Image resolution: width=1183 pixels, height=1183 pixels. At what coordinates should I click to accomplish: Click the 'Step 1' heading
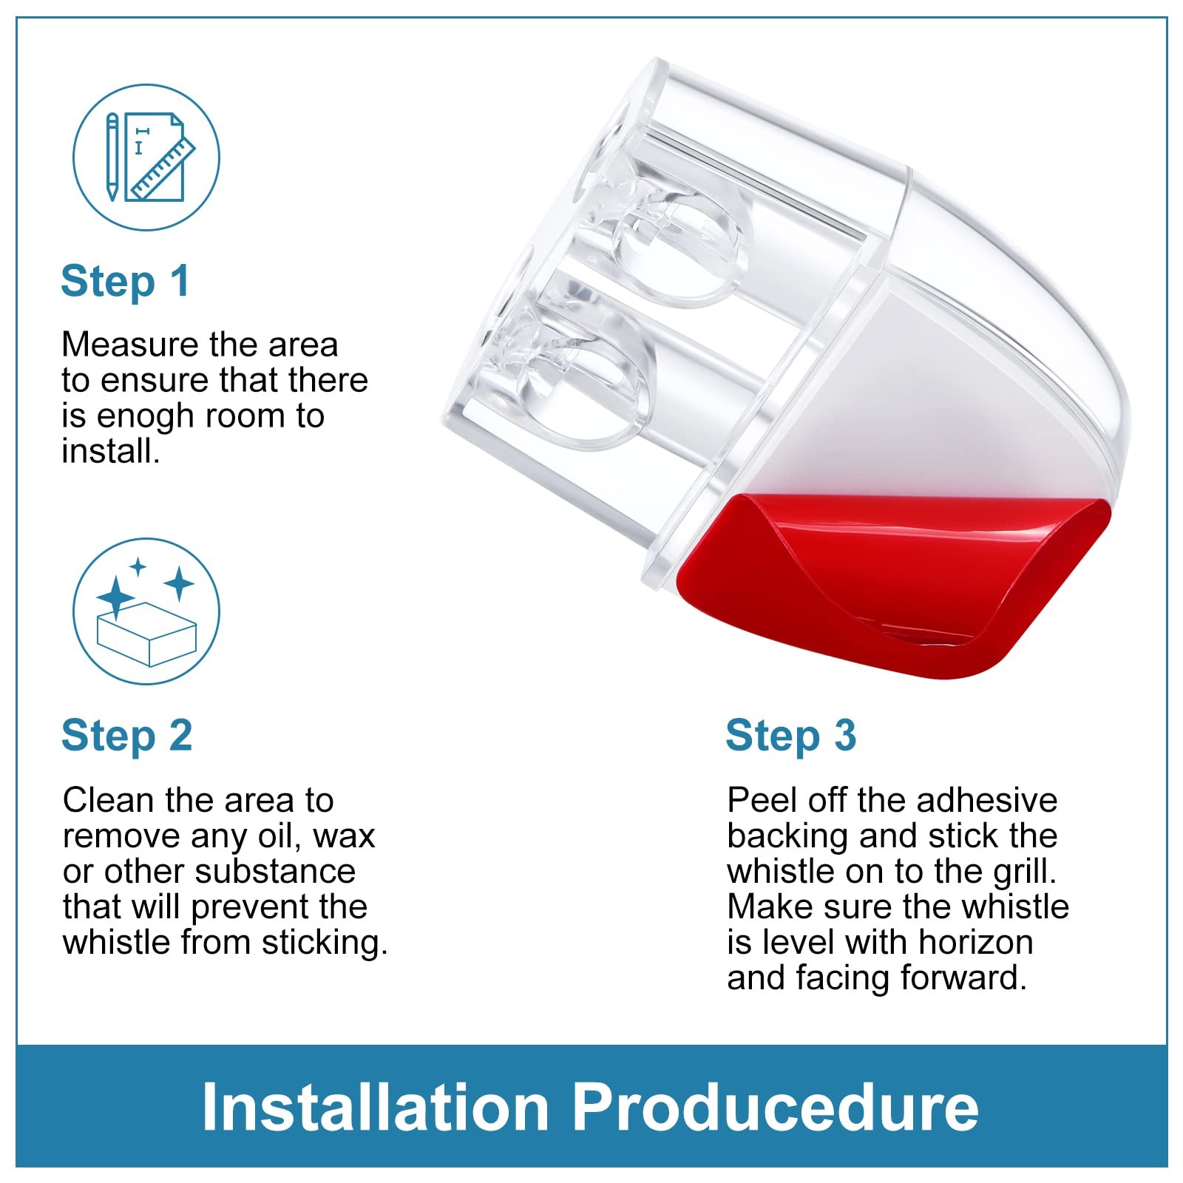[x=125, y=282]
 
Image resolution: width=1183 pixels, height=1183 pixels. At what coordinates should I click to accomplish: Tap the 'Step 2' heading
[x=127, y=736]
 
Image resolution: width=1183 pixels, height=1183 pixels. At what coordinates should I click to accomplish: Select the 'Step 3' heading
[x=791, y=736]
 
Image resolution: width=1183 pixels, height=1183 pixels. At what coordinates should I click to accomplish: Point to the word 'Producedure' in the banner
[x=776, y=1106]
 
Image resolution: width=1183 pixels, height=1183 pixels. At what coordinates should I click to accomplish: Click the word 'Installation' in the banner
[x=375, y=1106]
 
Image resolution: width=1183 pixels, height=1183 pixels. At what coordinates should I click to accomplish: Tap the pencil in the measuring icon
[x=112, y=157]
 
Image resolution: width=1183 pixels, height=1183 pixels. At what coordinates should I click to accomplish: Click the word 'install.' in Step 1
[x=111, y=452]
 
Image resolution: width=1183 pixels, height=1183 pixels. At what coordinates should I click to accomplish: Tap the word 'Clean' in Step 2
[x=109, y=801]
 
